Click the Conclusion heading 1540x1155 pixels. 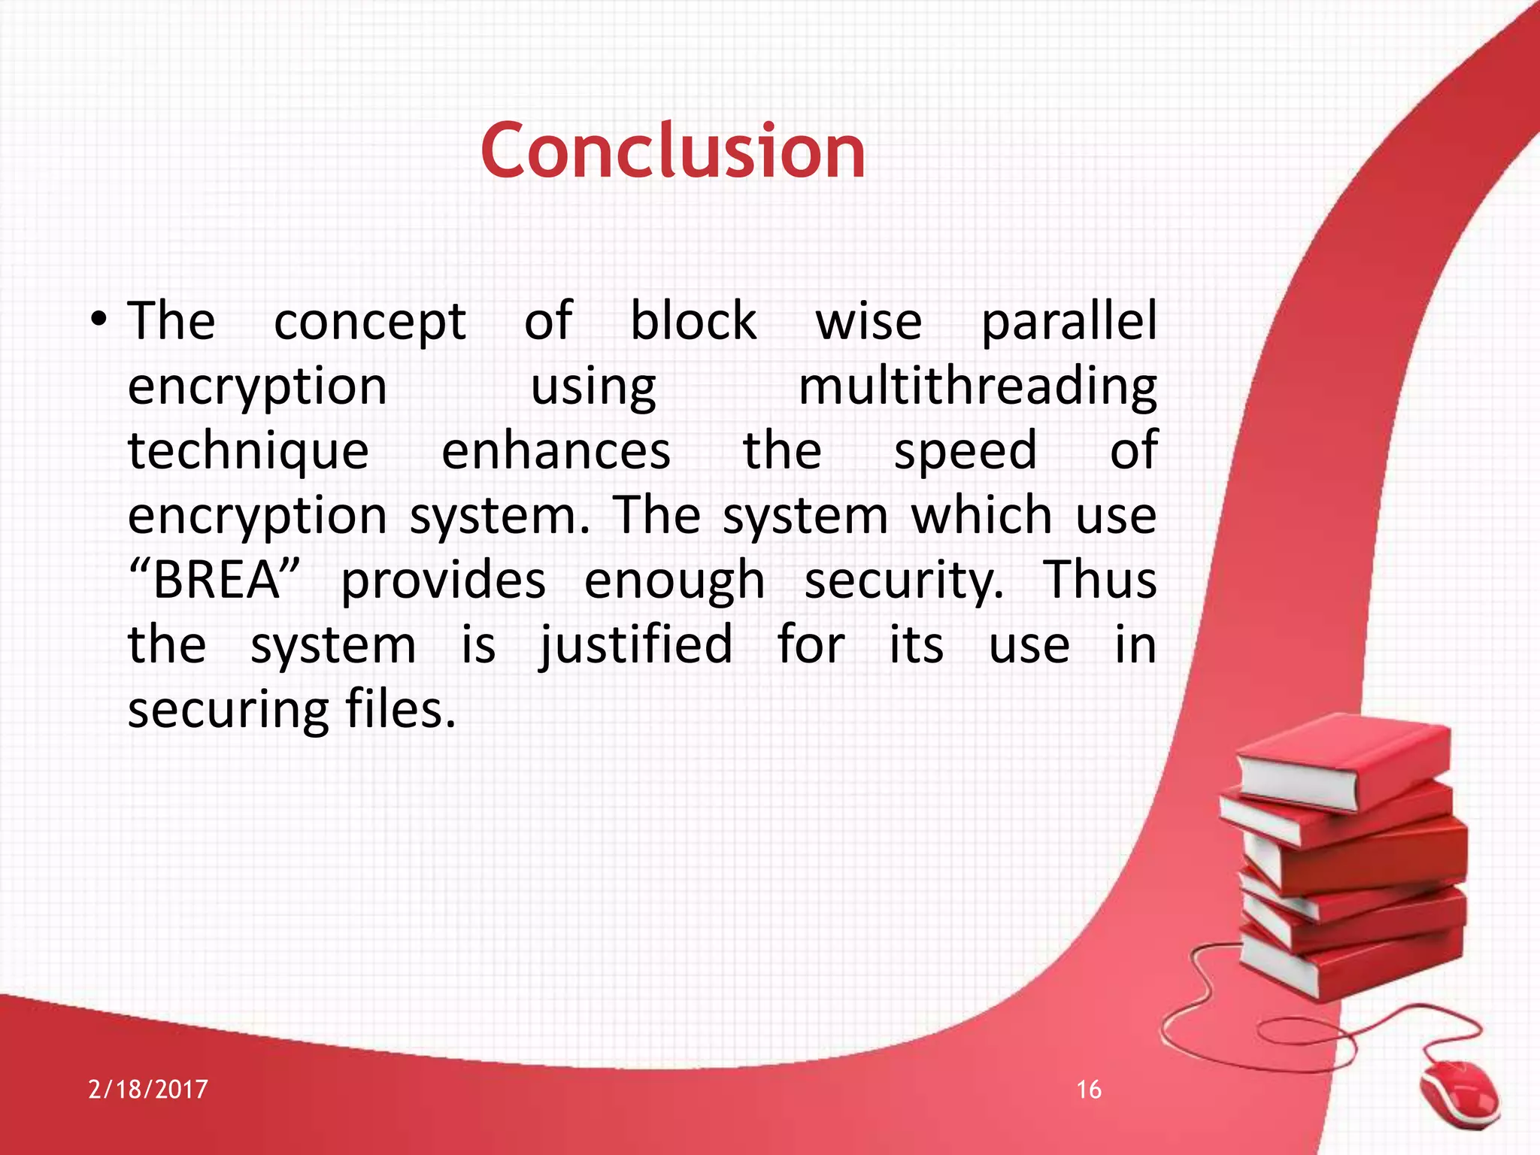673,152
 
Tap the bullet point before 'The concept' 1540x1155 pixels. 99,321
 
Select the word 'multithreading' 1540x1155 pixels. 977,387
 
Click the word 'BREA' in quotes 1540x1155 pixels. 216,581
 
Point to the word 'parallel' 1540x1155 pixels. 1069,322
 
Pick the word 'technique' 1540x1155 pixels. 248,451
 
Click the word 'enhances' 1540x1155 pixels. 556,451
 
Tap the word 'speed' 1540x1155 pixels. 966,451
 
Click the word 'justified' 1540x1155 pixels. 636,645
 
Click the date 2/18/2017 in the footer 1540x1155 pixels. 148,1090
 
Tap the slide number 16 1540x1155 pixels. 1089,1090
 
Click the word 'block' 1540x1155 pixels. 693,322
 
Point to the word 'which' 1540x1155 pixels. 981,516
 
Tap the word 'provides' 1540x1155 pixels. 444,581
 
